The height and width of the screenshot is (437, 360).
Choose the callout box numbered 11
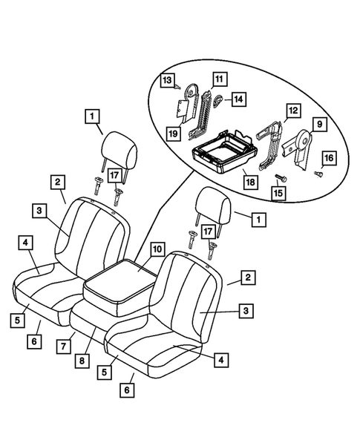[x=220, y=78]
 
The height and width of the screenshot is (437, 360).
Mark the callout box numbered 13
[x=167, y=79]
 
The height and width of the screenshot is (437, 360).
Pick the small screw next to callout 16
[x=318, y=174]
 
